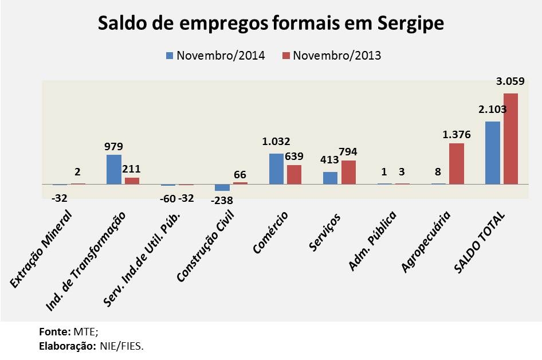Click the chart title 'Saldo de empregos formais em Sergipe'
click(271, 24)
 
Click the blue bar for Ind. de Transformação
click(114, 169)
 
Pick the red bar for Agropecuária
click(457, 163)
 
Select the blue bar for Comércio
click(277, 169)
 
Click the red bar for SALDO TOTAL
click(510, 138)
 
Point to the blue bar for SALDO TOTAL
click(492, 152)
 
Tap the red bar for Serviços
click(348, 172)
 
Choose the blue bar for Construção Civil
click(222, 187)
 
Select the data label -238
click(221, 201)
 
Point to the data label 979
click(113, 146)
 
